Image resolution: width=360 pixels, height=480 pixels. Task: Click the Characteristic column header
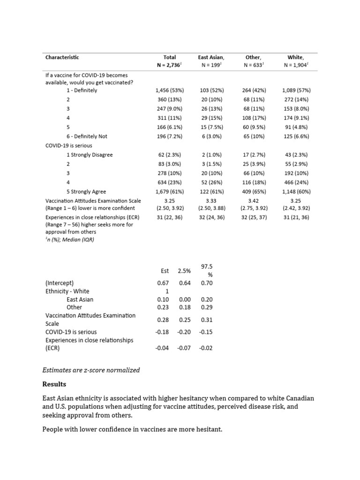coord(62,58)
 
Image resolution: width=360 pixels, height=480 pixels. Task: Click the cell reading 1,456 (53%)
coord(169,90)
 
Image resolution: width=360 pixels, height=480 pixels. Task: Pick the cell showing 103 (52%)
coord(211,90)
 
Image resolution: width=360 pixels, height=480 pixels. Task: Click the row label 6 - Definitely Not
coord(87,136)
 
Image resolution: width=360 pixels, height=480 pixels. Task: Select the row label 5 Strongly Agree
coord(86,191)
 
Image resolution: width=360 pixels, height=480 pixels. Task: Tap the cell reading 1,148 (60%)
coord(296,191)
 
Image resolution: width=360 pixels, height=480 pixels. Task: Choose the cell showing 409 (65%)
coord(254,191)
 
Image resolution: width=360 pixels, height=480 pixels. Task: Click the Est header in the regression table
coord(165,271)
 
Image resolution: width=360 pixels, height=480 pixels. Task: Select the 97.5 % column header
coord(207,270)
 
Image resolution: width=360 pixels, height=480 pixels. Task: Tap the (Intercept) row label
coord(60,283)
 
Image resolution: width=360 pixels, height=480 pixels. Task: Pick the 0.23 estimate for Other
coord(163,307)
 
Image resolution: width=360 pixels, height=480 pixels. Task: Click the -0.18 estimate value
coord(162,332)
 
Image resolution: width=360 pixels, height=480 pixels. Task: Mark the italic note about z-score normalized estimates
coord(91,370)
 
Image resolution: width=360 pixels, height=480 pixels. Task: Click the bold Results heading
coord(54,384)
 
